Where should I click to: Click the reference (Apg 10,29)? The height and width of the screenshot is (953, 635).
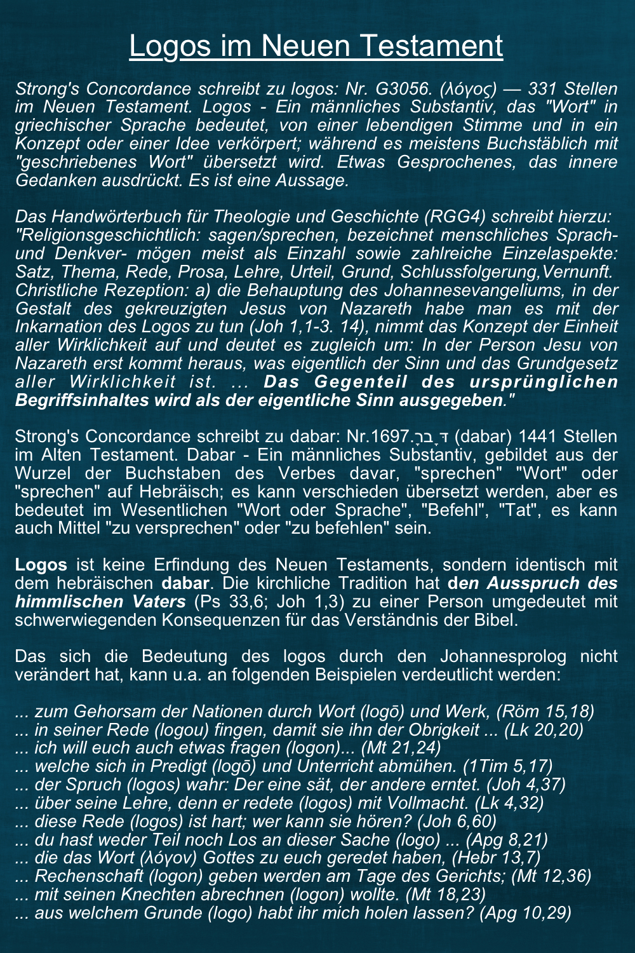coord(525,913)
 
